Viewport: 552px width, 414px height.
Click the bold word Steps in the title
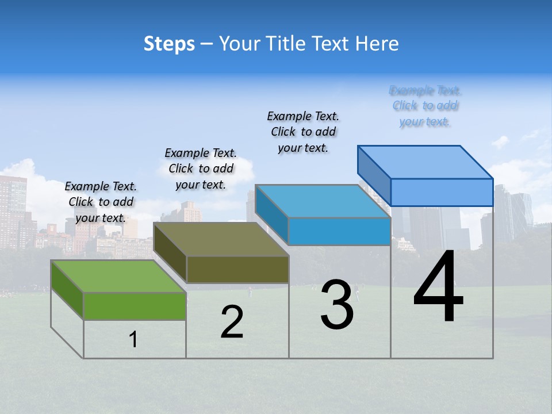coord(169,44)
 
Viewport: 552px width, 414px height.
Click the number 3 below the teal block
coord(337,305)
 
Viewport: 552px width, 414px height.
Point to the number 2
coord(232,322)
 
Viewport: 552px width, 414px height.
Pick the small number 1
coord(133,340)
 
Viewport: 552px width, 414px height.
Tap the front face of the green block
coord(135,306)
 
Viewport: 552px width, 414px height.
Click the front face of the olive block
coord(237,269)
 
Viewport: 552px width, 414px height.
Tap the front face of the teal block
coord(339,231)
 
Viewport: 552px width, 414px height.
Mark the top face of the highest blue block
coord(425,162)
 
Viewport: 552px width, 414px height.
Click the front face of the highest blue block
coord(442,192)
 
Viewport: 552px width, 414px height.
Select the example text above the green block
coord(101,202)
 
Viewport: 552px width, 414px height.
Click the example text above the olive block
coord(201,168)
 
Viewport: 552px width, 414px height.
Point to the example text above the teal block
coord(303,132)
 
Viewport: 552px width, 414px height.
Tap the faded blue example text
coord(425,106)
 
